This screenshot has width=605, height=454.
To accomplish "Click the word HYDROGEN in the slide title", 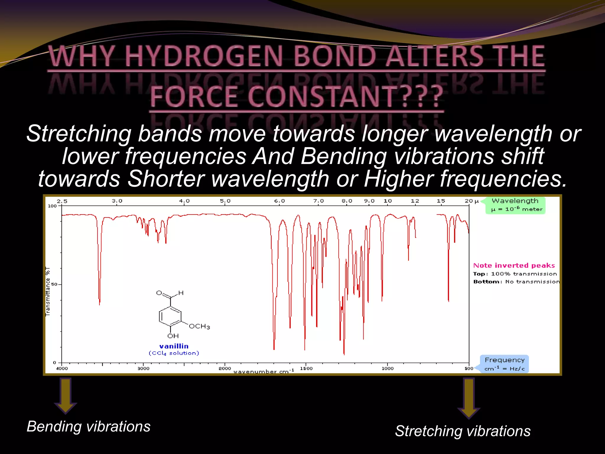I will point(204,56).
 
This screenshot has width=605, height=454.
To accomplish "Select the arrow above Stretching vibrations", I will point(469,398).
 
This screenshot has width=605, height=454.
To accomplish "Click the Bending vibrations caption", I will point(89,427).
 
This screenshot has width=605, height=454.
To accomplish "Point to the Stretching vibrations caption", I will point(463,431).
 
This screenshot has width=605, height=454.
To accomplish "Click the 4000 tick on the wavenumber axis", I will point(62,369).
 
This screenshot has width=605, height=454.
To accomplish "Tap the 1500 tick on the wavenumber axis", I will point(306,369).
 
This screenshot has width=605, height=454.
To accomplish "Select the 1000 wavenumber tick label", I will point(387,369).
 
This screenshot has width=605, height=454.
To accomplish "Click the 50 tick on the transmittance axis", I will point(54,284).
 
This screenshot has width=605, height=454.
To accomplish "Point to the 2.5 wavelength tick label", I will point(62,201).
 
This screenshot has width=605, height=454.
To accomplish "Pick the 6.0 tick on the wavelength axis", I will point(279,201).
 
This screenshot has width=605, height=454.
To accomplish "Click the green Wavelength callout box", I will point(515,205).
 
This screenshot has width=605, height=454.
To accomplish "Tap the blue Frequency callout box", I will point(505,364).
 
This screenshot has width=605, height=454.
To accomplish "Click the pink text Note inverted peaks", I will point(514,265).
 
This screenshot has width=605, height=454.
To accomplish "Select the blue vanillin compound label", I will point(174,346).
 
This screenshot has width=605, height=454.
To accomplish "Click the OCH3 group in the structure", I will point(199,326).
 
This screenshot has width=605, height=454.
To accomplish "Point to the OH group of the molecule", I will point(173,336).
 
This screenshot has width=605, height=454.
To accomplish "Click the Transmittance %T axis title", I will point(48,291).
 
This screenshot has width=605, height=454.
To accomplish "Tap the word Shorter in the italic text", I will point(166,179).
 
